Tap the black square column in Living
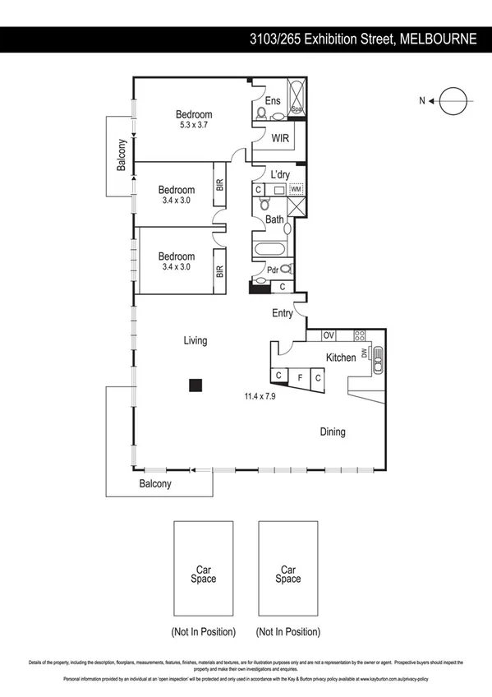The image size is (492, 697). pos(195,385)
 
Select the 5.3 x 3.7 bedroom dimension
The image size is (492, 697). pos(195,127)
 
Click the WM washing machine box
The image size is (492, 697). pos(296,189)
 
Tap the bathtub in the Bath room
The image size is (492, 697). pos(269,251)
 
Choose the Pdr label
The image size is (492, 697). pos(272,269)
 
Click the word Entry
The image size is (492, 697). pos(283,313)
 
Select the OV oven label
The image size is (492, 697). pos(328,335)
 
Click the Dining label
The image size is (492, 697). pos(333,432)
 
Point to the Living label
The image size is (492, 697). pos(195,340)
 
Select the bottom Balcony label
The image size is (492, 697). pos(154,484)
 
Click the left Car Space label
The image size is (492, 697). pos(204,574)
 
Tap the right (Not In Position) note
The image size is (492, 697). pos(287,632)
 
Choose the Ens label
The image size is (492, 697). pos(273,101)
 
